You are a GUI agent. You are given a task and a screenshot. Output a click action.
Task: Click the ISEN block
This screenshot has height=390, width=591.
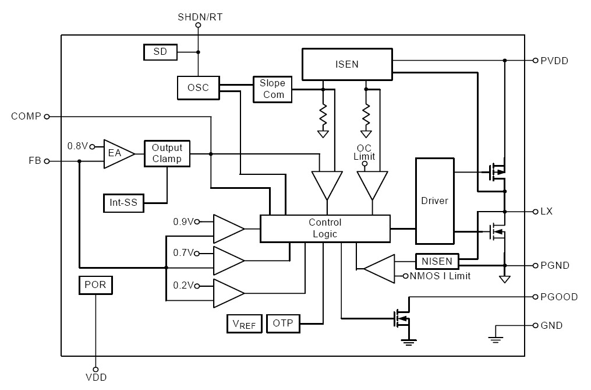(x=346, y=64)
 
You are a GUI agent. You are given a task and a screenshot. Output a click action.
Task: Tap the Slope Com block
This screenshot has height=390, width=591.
(x=272, y=89)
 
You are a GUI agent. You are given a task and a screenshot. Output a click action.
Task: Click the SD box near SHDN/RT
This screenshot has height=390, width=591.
(x=160, y=52)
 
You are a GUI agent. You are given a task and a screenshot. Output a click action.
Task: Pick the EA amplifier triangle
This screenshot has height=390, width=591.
(x=116, y=154)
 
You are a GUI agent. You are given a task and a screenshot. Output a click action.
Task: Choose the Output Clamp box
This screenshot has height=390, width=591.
(x=167, y=153)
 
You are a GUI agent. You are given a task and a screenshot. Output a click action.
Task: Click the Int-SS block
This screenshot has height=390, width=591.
(x=123, y=203)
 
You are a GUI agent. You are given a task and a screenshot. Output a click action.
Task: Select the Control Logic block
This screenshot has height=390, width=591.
(x=325, y=229)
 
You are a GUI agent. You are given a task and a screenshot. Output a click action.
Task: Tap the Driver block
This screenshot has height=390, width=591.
(x=434, y=201)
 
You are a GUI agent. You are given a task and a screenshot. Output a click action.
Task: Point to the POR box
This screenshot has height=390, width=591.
(x=95, y=285)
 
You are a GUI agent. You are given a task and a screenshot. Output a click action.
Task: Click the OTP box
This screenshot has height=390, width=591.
(x=283, y=324)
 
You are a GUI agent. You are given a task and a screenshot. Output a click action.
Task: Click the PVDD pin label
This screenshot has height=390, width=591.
(x=554, y=61)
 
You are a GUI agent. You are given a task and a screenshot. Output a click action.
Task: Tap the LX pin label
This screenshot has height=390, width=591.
(x=546, y=211)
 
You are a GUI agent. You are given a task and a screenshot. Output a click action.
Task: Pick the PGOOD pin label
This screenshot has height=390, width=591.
(x=559, y=297)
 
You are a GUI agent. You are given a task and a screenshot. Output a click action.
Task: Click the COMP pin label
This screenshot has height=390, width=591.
(x=26, y=117)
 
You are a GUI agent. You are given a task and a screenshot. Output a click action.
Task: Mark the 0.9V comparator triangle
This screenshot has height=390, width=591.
(x=228, y=229)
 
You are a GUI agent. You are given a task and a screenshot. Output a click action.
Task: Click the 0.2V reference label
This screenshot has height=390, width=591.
(x=183, y=286)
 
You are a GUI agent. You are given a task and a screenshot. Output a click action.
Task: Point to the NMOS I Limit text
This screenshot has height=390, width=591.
(x=441, y=275)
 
